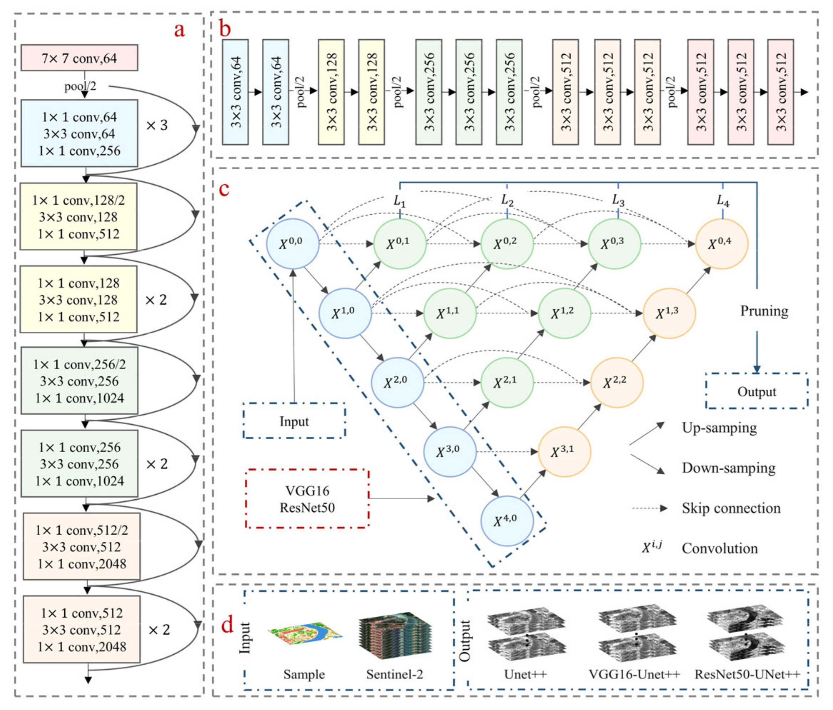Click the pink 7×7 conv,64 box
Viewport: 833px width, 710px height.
pyautogui.click(x=79, y=58)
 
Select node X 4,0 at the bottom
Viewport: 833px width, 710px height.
pyautogui.click(x=507, y=521)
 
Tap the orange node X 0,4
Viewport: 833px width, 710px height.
pyautogui.click(x=722, y=244)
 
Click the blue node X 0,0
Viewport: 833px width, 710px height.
pyautogui.click(x=293, y=244)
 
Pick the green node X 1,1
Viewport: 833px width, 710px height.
pyautogui.click(x=449, y=313)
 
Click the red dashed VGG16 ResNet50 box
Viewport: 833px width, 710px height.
pyautogui.click(x=307, y=499)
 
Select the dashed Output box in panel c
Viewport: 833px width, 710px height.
pyautogui.click(x=757, y=391)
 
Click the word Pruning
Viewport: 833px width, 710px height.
pyautogui.click(x=764, y=311)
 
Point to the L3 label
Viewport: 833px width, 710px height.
pyautogui.click(x=618, y=200)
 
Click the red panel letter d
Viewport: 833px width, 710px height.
pyautogui.click(x=227, y=625)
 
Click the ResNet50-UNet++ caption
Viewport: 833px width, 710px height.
pyautogui.click(x=747, y=674)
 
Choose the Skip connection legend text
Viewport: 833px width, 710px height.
pyautogui.click(x=731, y=508)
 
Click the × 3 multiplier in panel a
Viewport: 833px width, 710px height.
pyautogui.click(x=157, y=125)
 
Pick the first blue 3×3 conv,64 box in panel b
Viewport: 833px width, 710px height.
pyautogui.click(x=235, y=92)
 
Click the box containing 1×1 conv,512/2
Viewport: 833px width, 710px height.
pyautogui.click(x=81, y=546)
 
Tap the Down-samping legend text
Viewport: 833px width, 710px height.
pyautogui.click(x=728, y=468)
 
